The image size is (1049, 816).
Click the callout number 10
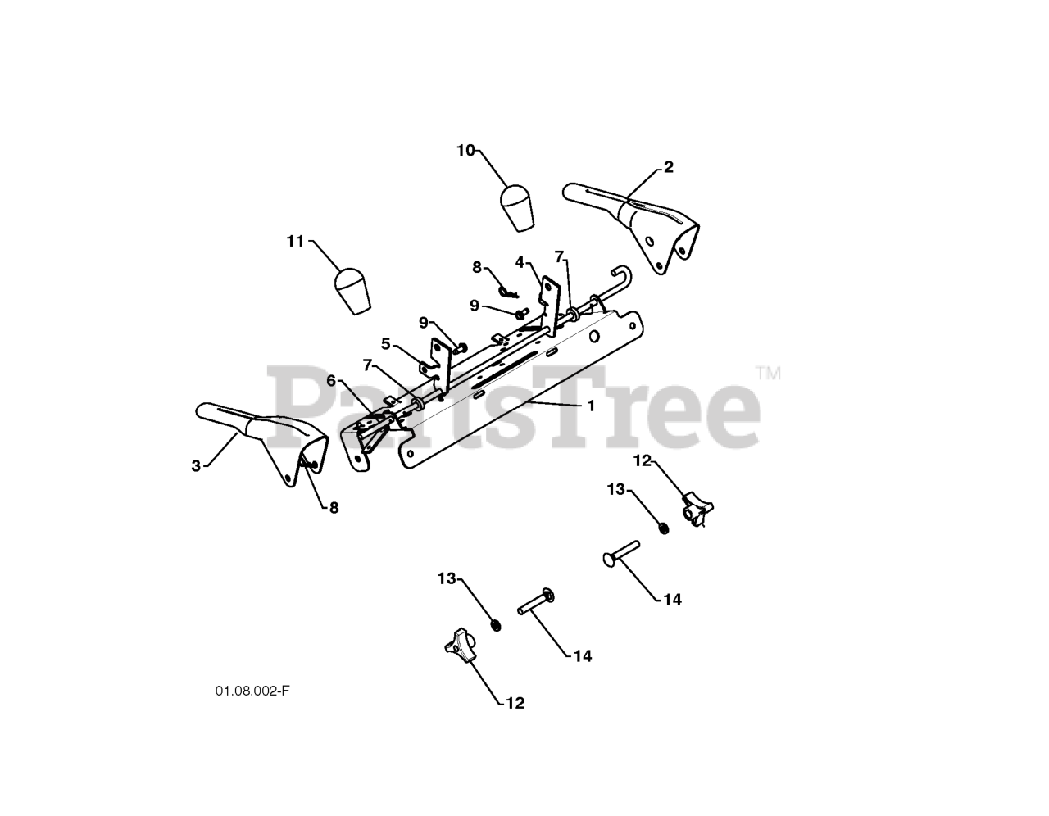(x=465, y=150)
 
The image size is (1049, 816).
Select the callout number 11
(x=295, y=241)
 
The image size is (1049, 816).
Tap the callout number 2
(x=668, y=167)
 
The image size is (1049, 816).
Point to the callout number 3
(x=196, y=466)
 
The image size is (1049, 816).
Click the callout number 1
(x=590, y=406)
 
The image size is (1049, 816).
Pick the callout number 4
(x=520, y=262)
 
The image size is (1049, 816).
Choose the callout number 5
(x=386, y=342)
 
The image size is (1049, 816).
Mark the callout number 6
(x=331, y=380)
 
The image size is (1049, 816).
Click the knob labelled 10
(x=516, y=208)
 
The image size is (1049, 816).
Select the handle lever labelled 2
(x=639, y=223)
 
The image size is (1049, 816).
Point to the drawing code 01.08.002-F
(x=252, y=691)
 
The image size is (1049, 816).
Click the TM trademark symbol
(x=769, y=374)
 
